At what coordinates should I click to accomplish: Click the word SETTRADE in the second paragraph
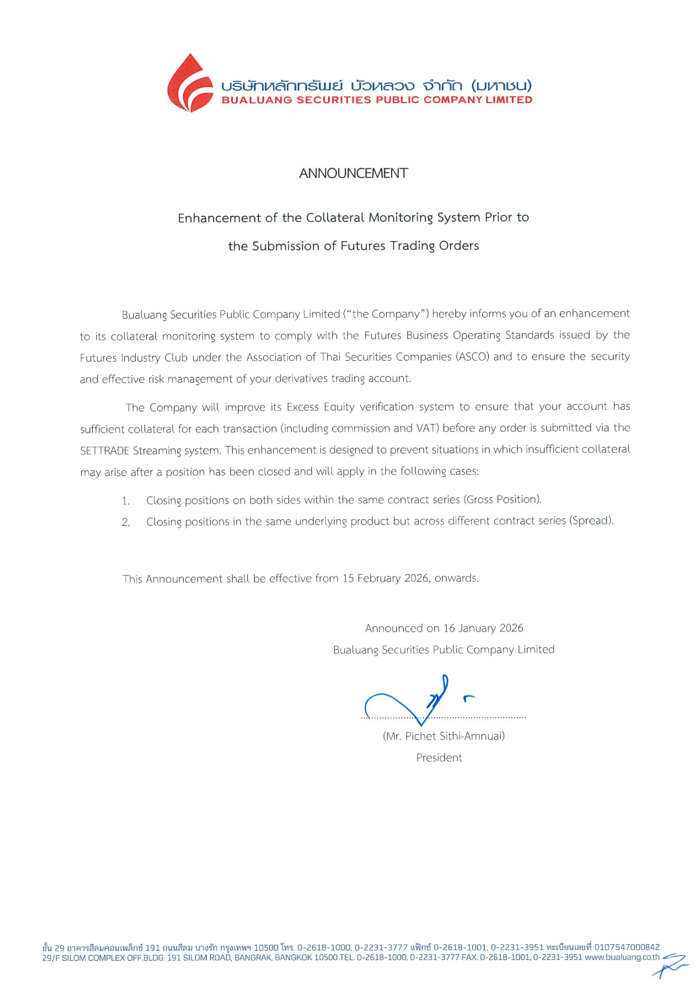click(x=104, y=451)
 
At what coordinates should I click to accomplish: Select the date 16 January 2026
click(x=483, y=628)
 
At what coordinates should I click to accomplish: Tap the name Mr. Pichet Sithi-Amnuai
click(x=444, y=736)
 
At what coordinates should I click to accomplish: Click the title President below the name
click(x=439, y=758)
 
